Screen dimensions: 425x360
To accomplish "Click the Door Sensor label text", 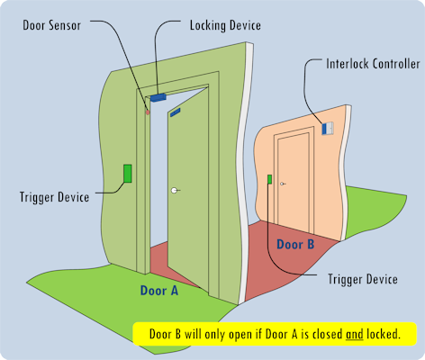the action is (52, 25).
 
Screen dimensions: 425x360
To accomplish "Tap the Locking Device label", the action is (225, 25).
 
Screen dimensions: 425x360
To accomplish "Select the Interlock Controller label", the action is (373, 64).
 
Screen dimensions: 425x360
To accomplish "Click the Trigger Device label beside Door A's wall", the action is (54, 197).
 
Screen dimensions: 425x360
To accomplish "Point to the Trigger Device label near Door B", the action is (363, 279).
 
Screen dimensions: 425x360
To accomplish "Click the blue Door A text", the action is (159, 291).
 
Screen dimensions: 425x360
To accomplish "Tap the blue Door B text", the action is (295, 244).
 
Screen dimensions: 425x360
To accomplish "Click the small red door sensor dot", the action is (148, 112).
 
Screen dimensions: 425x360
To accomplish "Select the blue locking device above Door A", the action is (158, 97).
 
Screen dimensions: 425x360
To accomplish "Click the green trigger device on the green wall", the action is (128, 174).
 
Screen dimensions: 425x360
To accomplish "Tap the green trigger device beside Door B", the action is (269, 179).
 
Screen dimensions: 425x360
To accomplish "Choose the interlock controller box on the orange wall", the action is (328, 129).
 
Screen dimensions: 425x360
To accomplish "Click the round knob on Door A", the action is (174, 190).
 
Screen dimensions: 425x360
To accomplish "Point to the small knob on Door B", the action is (282, 184).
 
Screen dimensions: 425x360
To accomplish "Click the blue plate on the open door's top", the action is (176, 112).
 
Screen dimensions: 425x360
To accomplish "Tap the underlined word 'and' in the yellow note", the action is (355, 334).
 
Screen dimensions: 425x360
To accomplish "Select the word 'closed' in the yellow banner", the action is (328, 334).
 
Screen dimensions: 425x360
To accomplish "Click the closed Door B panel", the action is (294, 182).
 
